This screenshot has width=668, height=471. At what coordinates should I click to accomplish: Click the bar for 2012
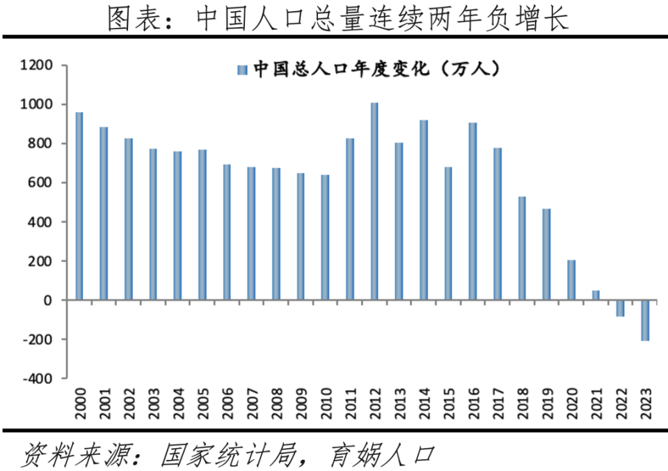click(x=374, y=201)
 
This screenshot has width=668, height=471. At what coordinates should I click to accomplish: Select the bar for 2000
click(x=79, y=206)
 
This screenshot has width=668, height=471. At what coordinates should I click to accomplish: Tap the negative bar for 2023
click(x=645, y=321)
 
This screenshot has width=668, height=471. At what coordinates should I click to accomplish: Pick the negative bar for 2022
click(x=620, y=308)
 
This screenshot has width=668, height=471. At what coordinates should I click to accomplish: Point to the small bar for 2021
click(x=596, y=295)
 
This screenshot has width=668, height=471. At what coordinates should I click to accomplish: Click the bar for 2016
click(x=473, y=211)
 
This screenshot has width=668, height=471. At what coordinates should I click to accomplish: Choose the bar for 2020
click(x=571, y=280)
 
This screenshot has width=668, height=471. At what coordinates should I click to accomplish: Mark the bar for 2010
click(x=325, y=238)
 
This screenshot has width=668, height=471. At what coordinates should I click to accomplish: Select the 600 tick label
click(x=40, y=183)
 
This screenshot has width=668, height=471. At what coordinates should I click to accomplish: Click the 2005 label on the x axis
click(x=202, y=403)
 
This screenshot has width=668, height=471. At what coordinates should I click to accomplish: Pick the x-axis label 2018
click(x=522, y=403)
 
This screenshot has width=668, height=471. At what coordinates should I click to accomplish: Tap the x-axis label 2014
click(x=424, y=403)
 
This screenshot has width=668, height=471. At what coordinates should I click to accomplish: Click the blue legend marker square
click(x=242, y=70)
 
